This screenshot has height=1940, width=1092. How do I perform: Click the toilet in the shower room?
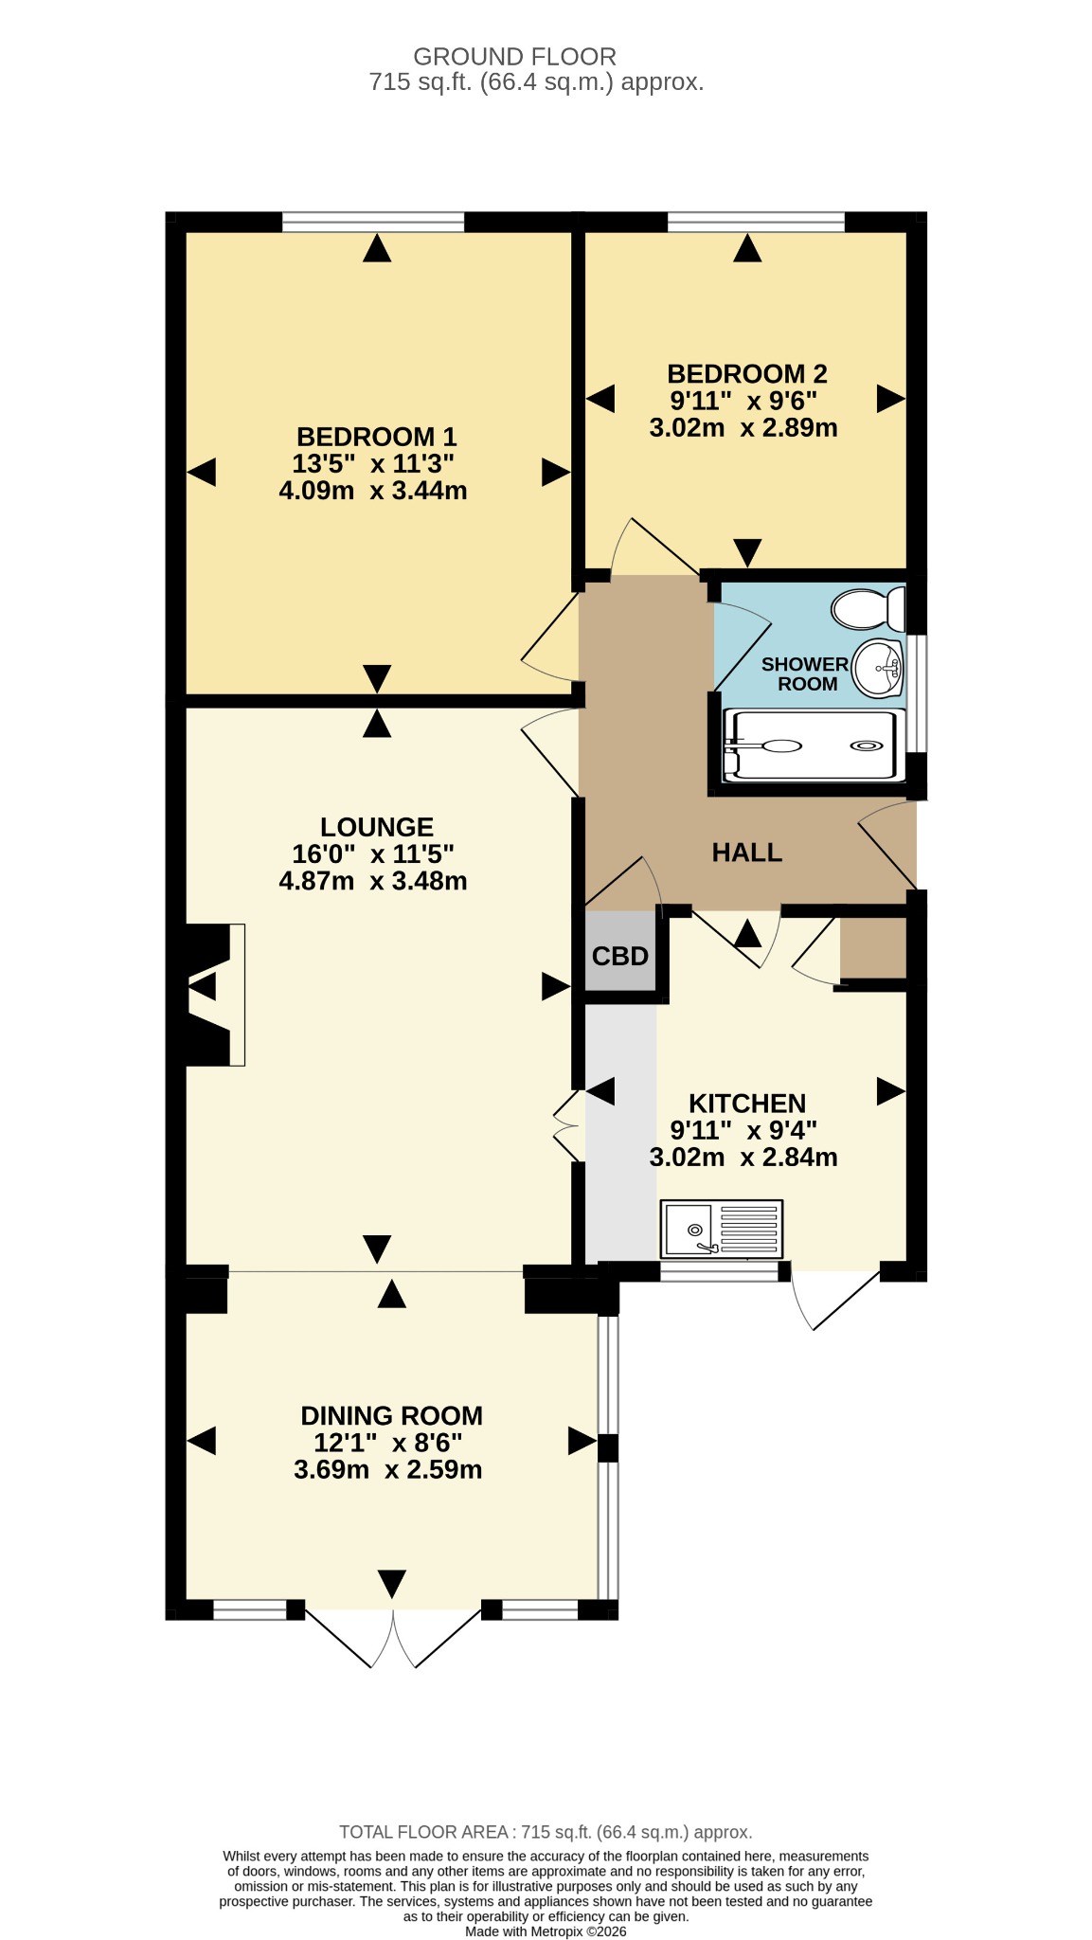coord(868,608)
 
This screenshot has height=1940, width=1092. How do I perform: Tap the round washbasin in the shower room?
coord(878,668)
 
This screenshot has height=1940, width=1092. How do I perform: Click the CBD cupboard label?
coord(620,956)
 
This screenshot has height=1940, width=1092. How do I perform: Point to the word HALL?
coord(747,853)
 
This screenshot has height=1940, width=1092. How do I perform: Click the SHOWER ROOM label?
coord(805,674)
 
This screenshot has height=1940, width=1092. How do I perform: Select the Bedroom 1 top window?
coord(373,222)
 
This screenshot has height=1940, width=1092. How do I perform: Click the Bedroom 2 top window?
coord(756,222)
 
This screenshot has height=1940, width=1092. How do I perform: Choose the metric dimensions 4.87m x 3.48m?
coord(373,881)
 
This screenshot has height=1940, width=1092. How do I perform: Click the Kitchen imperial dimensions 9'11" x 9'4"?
coord(743,1130)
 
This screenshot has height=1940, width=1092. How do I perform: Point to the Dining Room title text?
coord(391,1415)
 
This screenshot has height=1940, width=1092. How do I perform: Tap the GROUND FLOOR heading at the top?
coord(515,57)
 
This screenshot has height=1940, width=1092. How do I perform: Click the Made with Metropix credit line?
coord(546,1931)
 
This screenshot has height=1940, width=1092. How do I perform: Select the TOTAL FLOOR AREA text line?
coord(546,1832)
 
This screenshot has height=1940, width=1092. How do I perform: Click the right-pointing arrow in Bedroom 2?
coord(891,399)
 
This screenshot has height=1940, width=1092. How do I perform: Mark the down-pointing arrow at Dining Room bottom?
coord(392,1583)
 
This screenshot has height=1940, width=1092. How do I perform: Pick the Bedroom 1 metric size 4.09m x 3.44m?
coord(373,491)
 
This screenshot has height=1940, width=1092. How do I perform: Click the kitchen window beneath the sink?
coord(719,1272)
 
